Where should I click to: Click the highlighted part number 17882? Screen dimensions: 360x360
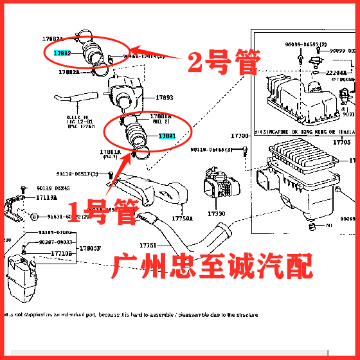tap(62, 54)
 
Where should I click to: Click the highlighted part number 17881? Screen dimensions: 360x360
tap(167, 136)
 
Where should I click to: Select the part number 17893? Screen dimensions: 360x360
tap(165, 97)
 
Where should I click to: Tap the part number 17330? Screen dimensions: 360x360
tap(216, 213)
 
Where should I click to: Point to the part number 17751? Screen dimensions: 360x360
tap(148, 246)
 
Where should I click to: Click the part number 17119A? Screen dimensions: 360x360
tap(47, 197)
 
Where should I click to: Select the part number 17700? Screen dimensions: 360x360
tap(240, 136)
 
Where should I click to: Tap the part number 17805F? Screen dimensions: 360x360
tap(89, 248)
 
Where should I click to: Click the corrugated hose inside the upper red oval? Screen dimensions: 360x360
tap(95, 51)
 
